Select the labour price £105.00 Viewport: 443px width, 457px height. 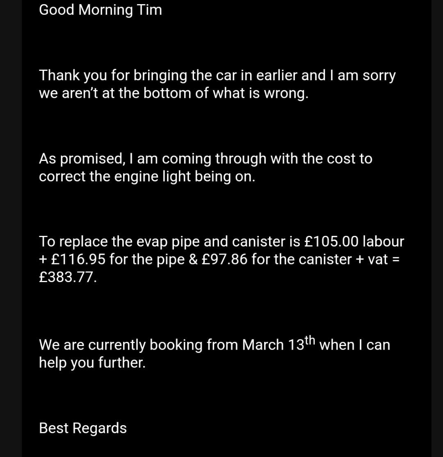click(x=331, y=242)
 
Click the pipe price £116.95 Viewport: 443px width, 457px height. click(x=78, y=260)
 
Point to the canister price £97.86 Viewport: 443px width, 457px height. click(x=224, y=260)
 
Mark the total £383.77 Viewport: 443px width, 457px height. click(x=68, y=278)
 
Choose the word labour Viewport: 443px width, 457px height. click(x=384, y=242)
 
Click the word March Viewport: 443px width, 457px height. click(x=263, y=345)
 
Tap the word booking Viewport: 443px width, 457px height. click(x=176, y=345)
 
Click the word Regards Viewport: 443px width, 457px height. click(x=100, y=428)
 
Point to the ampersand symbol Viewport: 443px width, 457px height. click(x=193, y=260)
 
